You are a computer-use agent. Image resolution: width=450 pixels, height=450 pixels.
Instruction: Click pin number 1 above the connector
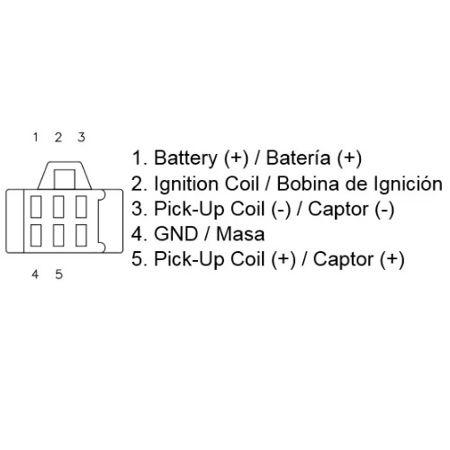tap(36, 137)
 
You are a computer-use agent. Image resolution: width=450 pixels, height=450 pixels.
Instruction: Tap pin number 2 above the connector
tap(58, 137)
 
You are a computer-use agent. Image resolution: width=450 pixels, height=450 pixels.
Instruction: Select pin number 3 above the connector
tap(81, 137)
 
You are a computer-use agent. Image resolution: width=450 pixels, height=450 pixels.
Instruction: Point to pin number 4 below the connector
tap(35, 274)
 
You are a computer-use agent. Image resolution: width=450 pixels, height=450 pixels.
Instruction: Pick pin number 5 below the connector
tap(58, 274)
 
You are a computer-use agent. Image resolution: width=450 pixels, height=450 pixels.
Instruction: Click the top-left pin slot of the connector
tap(36, 207)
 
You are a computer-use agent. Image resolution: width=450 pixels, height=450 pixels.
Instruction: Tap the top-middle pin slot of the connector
tap(58, 207)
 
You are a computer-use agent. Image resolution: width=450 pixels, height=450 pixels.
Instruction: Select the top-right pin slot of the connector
tap(81, 207)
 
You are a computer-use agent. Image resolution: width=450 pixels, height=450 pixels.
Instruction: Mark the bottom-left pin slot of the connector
tap(36, 235)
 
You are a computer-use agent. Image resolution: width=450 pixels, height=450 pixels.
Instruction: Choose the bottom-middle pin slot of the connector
tap(58, 235)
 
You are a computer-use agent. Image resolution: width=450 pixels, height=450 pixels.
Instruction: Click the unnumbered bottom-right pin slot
tap(81, 235)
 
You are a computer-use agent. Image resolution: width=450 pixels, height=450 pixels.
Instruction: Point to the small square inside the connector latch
tap(65, 179)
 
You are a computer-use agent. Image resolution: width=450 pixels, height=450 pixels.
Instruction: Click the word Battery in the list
tap(185, 158)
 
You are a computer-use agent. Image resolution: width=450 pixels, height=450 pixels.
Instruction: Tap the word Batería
tap(298, 157)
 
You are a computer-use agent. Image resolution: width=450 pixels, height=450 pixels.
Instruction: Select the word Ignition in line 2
tap(187, 184)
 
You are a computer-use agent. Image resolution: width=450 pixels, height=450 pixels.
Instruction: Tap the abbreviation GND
tap(175, 234)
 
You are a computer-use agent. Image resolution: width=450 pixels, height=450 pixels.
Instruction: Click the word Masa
tap(240, 234)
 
